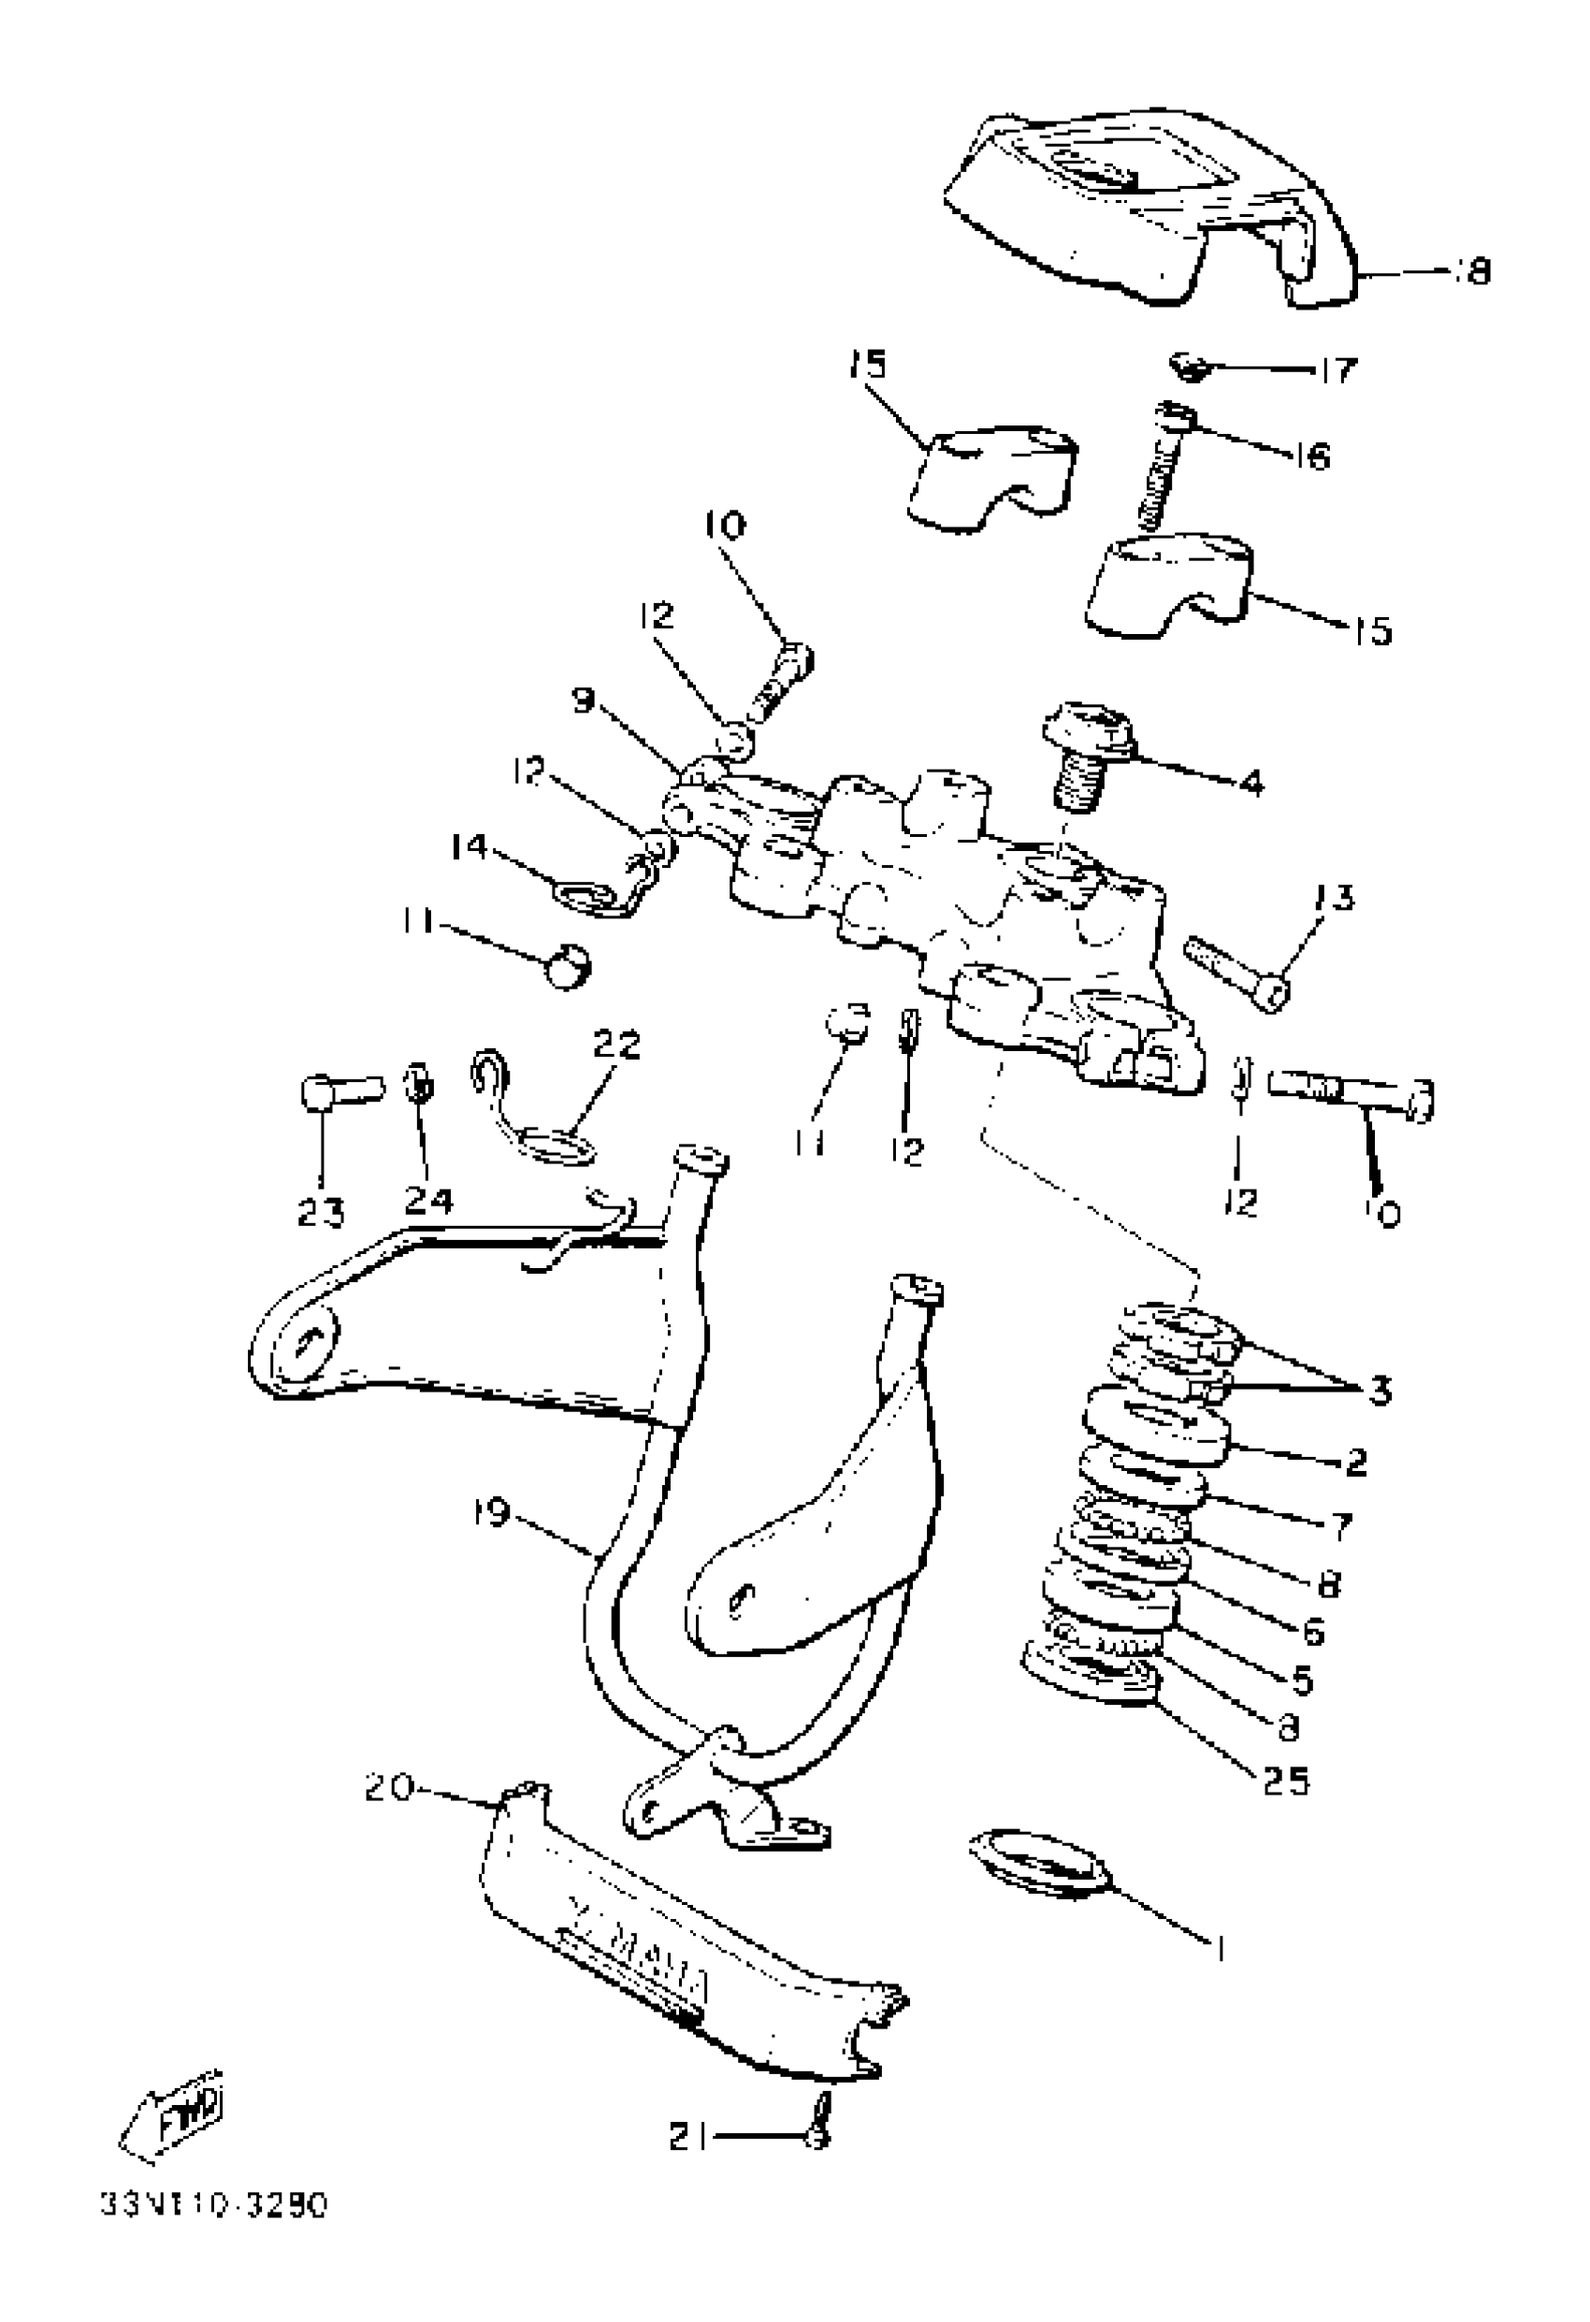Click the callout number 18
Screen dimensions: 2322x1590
pyautogui.click(x=1471, y=271)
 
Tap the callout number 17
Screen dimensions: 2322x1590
pyautogui.click(x=1337, y=370)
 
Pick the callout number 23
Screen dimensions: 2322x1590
pyautogui.click(x=321, y=1212)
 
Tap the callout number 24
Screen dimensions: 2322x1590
pyautogui.click(x=428, y=1200)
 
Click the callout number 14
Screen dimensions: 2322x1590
pyautogui.click(x=468, y=846)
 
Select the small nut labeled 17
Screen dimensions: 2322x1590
pyautogui.click(x=1187, y=367)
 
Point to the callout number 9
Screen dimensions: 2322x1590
pyautogui.click(x=584, y=701)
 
